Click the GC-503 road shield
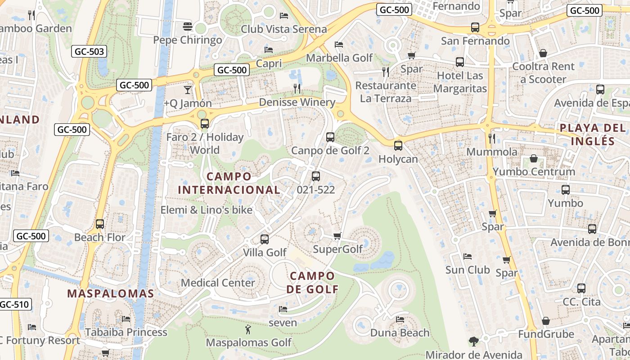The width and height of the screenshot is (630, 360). [89, 52]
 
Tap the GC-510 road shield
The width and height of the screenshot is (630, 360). [14, 304]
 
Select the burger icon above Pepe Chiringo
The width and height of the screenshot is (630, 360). [188, 27]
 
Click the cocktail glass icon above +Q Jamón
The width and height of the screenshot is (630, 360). [188, 90]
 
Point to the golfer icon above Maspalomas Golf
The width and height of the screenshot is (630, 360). [247, 330]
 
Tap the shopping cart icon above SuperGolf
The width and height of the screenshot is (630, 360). [337, 236]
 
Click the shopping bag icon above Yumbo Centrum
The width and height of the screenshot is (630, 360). [533, 158]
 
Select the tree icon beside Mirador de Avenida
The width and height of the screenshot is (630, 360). [473, 342]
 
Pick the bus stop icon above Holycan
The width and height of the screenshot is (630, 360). [398, 146]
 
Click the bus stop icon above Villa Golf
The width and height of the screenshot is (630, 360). [265, 239]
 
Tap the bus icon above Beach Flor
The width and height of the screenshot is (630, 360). [100, 224]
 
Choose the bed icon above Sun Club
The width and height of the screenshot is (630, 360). [468, 256]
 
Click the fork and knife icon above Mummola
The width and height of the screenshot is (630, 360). [492, 138]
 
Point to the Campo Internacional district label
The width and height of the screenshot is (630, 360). [229, 183]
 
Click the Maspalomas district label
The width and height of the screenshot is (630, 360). [111, 294]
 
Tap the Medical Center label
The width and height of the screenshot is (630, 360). [218, 283]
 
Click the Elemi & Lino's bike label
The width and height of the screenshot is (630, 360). [207, 210]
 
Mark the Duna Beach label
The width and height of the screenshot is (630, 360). [400, 333]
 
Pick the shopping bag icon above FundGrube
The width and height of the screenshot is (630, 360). [545, 321]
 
